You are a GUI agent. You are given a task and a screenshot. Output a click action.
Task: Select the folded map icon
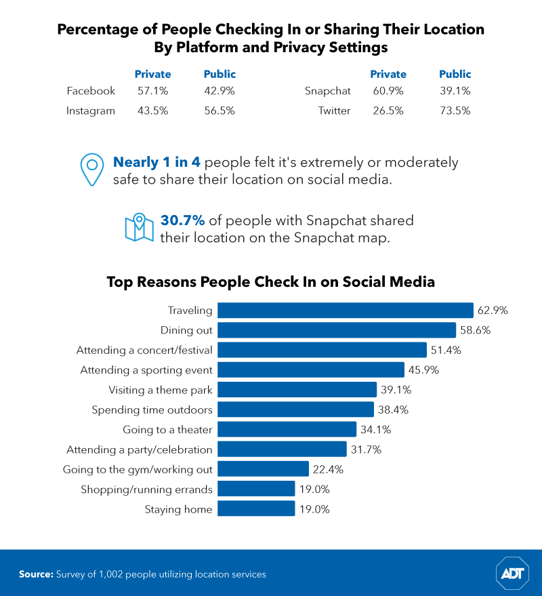coord(136,228)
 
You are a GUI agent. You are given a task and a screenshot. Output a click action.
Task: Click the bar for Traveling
coord(346,311)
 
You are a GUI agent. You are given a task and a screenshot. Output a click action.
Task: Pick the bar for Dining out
coord(337,330)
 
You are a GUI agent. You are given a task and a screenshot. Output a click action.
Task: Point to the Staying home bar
coord(256,509)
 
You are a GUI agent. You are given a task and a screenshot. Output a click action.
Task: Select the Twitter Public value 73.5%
coord(455,111)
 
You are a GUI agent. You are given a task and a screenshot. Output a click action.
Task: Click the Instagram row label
coord(91,111)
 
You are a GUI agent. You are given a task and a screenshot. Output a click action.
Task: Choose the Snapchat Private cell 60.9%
coord(388,91)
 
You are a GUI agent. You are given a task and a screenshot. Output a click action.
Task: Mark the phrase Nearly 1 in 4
coord(157,163)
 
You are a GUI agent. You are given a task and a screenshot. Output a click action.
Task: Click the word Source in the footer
coord(36,574)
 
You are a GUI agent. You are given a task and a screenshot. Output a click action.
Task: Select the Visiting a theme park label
coord(161,390)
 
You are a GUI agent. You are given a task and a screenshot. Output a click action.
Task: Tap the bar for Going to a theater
coord(287,430)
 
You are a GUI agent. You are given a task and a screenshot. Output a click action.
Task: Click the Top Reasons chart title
coord(271,282)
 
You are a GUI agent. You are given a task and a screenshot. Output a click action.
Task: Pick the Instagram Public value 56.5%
coord(220,111)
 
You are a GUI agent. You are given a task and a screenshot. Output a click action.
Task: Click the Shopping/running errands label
coord(146,490)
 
